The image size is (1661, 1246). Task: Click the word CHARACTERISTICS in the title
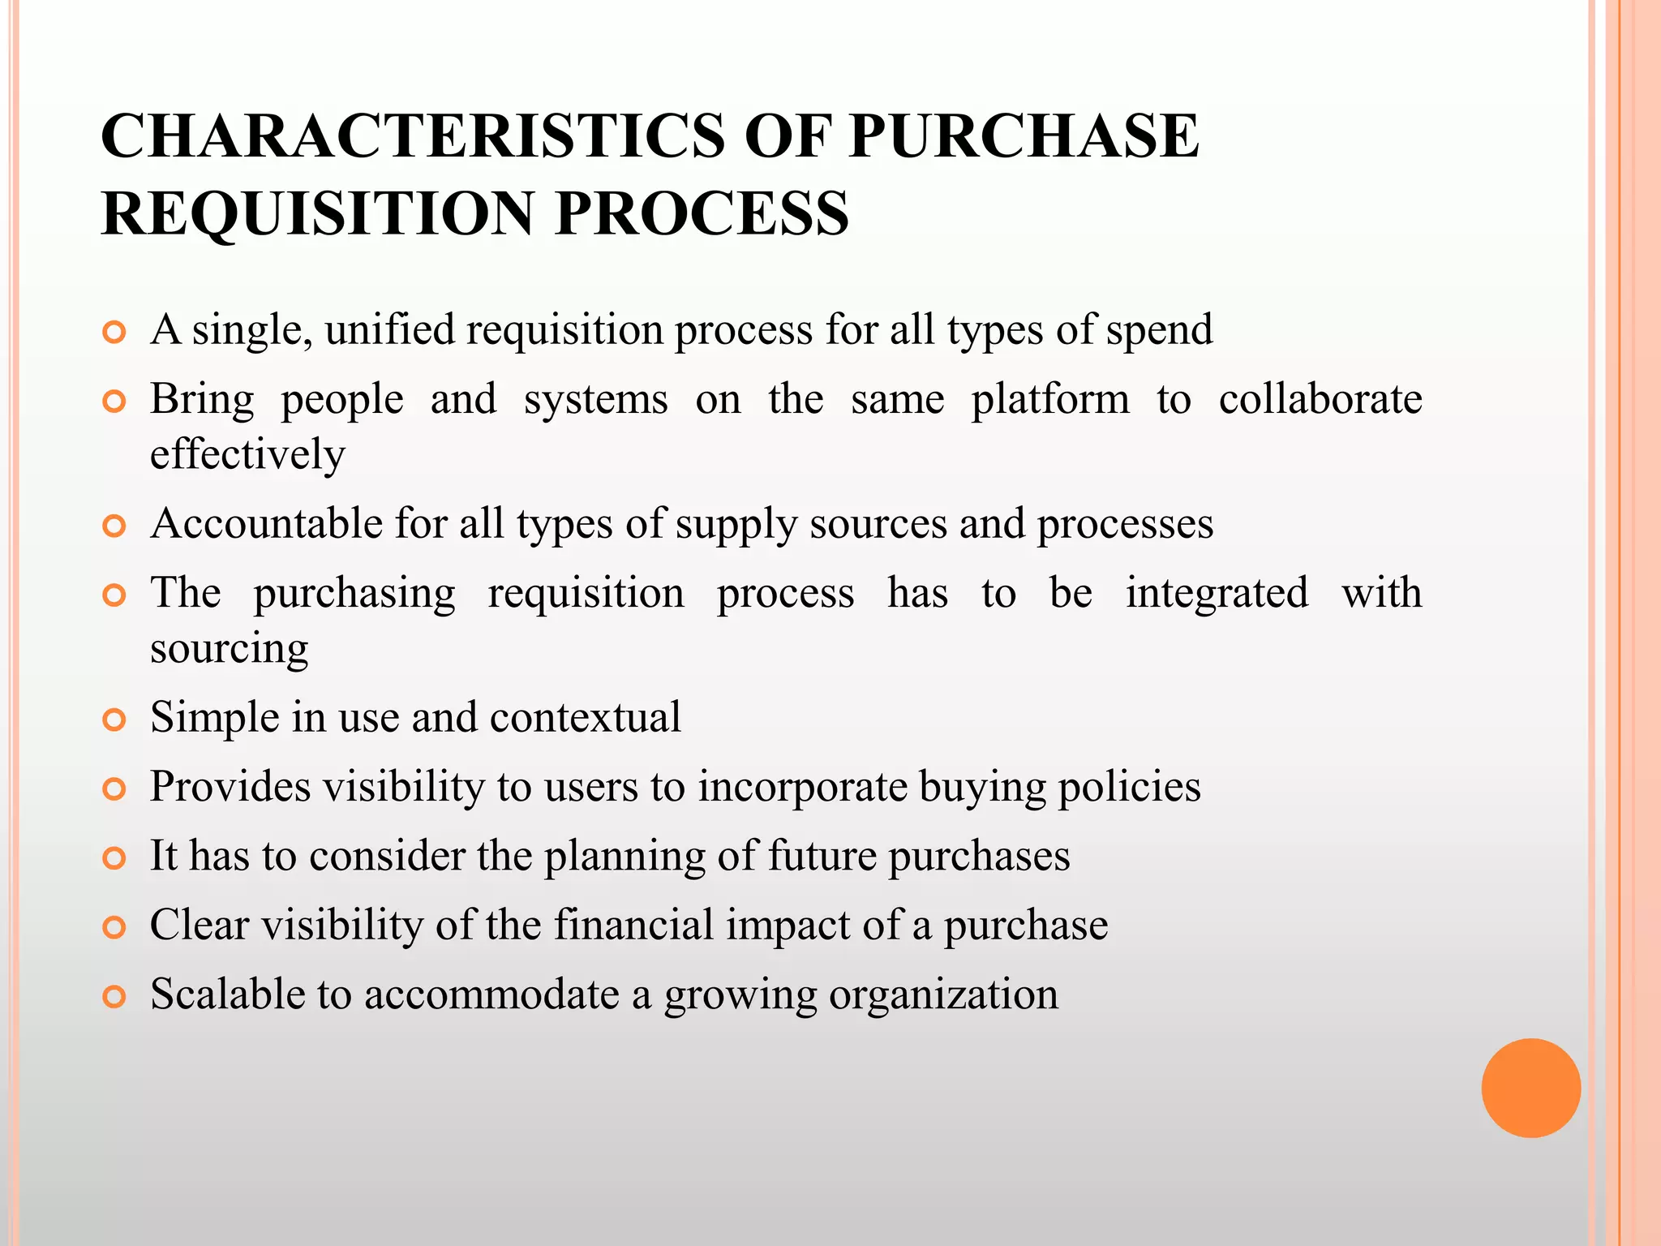coord(413,135)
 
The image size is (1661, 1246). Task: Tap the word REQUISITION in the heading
coord(315,213)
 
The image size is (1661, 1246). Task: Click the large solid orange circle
coord(1530,1088)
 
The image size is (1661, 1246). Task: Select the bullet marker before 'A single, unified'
coord(115,332)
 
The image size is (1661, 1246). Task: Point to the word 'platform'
coord(1050,399)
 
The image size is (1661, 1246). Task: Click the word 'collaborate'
coord(1320,399)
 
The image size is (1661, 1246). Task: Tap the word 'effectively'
coord(247,453)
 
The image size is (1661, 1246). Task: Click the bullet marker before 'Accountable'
coord(115,526)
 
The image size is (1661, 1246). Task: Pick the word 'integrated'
coord(1217,593)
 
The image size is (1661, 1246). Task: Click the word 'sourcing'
coord(230,648)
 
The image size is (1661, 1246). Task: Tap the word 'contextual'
coord(585,717)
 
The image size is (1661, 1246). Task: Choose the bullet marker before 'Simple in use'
coord(115,720)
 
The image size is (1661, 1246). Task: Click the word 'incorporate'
coord(802,787)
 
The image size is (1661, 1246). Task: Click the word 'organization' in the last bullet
coord(943,995)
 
